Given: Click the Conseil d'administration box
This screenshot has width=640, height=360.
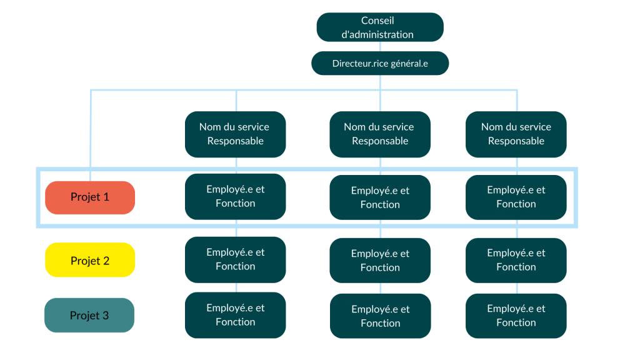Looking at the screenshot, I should click(x=380, y=27).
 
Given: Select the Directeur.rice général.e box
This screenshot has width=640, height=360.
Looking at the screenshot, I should click(x=380, y=63).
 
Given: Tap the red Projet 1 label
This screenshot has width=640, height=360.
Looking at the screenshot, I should click(x=90, y=197).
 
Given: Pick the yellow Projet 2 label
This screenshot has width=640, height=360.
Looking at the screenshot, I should click(x=90, y=260).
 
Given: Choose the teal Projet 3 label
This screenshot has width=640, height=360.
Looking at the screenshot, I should click(x=89, y=316).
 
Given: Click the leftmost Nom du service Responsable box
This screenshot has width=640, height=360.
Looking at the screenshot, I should click(x=235, y=134).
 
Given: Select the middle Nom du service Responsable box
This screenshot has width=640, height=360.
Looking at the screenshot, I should click(x=380, y=134).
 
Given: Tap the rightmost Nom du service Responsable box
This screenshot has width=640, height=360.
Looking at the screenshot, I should click(x=516, y=134).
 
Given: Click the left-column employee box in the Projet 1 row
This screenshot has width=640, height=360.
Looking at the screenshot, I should click(x=235, y=197).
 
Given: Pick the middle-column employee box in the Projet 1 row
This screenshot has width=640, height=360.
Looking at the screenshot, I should click(x=380, y=197).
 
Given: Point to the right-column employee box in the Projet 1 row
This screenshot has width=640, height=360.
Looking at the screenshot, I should click(x=516, y=197).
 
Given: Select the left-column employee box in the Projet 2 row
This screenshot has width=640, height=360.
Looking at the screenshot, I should click(x=235, y=260).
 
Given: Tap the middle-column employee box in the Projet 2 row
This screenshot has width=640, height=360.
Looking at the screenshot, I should click(x=380, y=261).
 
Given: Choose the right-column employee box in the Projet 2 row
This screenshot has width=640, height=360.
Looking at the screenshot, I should click(x=516, y=260).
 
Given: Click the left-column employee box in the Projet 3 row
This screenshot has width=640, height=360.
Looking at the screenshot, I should click(x=235, y=315).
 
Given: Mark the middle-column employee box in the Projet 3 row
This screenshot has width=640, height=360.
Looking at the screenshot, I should click(x=380, y=316).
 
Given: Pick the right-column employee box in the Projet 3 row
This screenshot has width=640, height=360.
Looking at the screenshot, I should click(x=516, y=316).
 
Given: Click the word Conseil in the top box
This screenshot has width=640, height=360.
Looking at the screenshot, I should click(x=377, y=21).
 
